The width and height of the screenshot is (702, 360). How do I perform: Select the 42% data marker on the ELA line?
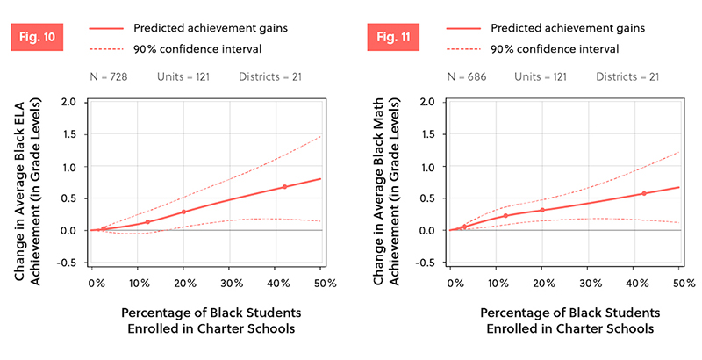point(284,187)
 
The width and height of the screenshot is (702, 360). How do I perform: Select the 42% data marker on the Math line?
point(644,193)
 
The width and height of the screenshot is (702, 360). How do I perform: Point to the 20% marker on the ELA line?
point(184,212)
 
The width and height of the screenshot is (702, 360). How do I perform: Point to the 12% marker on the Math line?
point(505,215)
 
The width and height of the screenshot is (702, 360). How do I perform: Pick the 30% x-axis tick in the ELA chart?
point(230,284)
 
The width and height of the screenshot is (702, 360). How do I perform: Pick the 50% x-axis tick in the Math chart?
point(684,284)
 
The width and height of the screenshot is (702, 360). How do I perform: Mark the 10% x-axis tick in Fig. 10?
point(139,284)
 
